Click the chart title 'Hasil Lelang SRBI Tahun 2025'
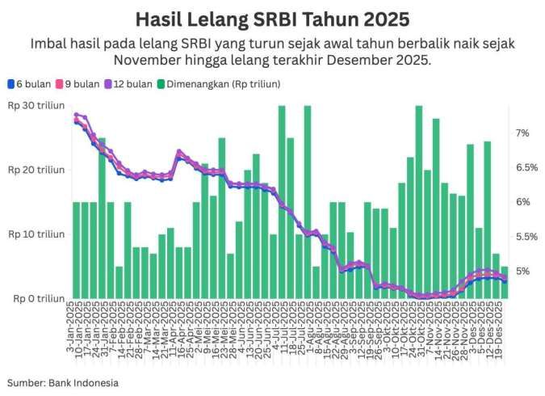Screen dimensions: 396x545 click(272, 17)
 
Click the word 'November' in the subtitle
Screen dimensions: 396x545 click(145, 61)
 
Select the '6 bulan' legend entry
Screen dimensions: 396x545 click(29, 83)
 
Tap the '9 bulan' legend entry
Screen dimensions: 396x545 click(80, 83)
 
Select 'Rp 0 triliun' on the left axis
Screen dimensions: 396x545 click(38, 299)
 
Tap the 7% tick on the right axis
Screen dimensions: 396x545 click(522, 133)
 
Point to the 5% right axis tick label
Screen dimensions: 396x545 click(522, 272)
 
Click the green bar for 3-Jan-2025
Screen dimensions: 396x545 click(77, 251)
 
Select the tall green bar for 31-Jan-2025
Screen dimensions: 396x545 click(103, 218)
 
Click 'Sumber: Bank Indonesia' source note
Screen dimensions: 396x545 click(63, 382)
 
